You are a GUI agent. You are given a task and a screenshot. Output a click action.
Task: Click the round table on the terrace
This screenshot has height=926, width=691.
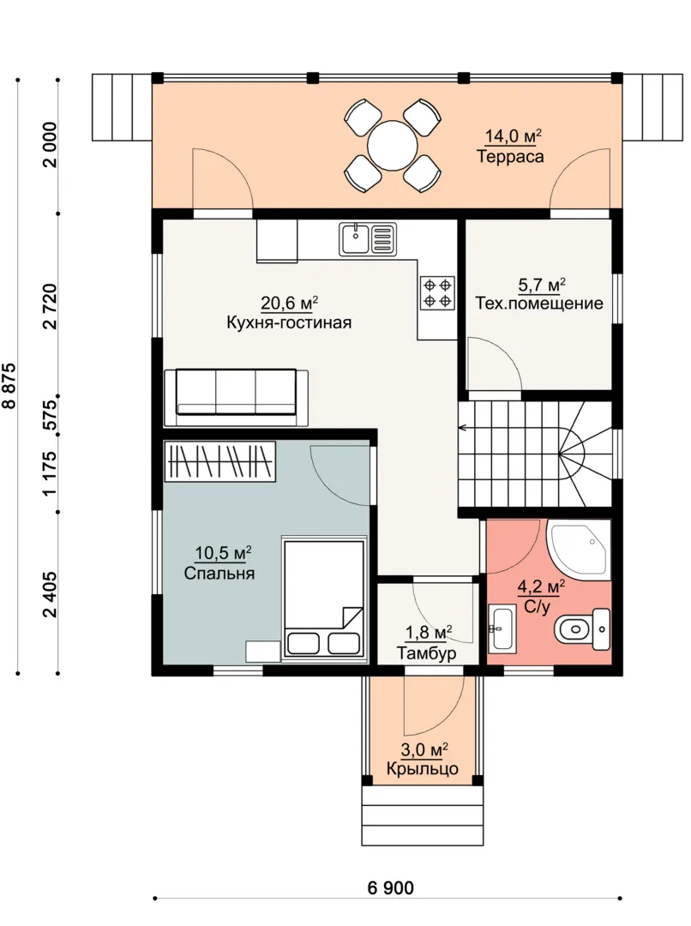click(x=392, y=145)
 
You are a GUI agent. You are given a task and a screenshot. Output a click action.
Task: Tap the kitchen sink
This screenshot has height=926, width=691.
click(x=368, y=238)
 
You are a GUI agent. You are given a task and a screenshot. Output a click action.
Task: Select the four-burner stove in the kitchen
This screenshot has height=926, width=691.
click(x=437, y=293)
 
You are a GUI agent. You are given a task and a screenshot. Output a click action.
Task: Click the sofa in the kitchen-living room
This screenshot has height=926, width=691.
click(x=236, y=398)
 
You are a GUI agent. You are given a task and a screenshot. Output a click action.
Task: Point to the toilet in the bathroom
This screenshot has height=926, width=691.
click(x=582, y=629)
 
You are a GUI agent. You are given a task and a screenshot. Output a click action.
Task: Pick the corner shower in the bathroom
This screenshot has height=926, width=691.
click(x=579, y=547)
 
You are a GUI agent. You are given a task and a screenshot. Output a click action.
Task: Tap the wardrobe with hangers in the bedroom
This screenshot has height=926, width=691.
click(x=219, y=460)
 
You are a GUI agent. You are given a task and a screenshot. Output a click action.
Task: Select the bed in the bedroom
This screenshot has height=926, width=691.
click(x=324, y=598)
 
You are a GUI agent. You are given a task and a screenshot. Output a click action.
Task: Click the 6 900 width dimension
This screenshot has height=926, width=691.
click(x=390, y=887)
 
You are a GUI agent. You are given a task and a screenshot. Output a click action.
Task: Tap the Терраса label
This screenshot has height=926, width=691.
click(x=510, y=157)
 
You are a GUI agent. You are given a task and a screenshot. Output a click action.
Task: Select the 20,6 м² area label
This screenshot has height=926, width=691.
click(x=290, y=304)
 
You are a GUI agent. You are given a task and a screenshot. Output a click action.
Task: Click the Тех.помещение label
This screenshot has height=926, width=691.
click(x=539, y=304)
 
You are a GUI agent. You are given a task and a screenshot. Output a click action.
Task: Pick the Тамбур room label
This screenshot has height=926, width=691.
click(x=426, y=653)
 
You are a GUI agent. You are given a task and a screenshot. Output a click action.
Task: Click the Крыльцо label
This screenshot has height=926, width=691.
click(x=423, y=769)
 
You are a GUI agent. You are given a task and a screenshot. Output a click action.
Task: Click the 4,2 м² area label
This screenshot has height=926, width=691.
click(x=541, y=587)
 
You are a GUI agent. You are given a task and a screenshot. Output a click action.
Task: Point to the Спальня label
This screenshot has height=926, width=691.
click(x=219, y=574)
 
